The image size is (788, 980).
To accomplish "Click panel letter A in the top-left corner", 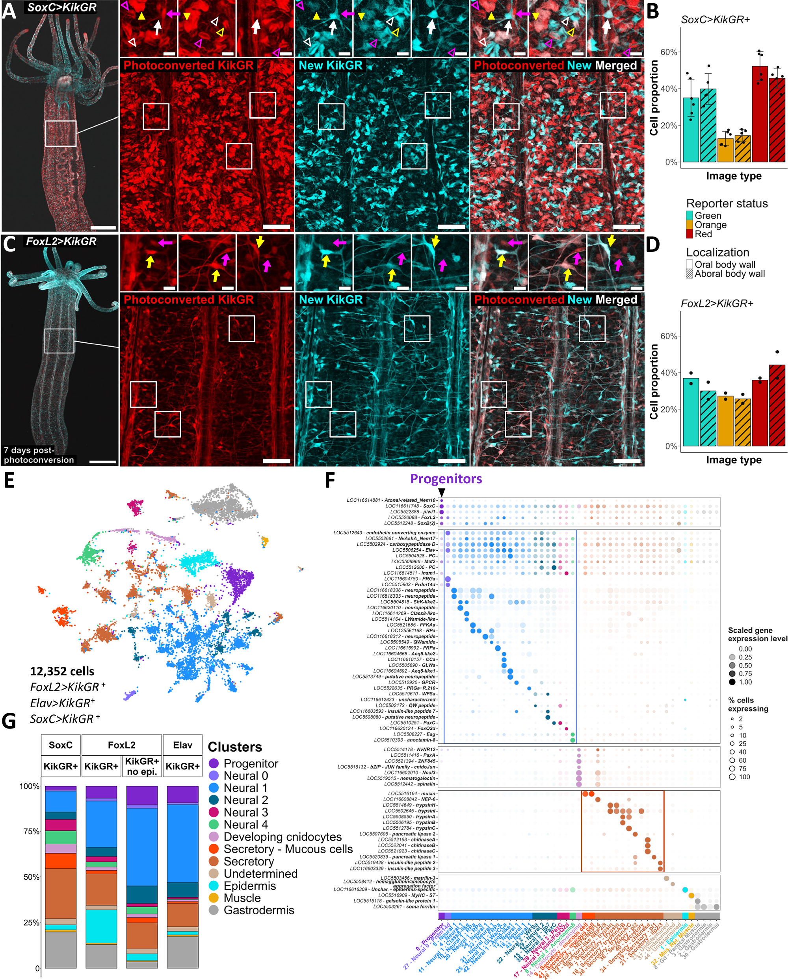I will pos(9,11).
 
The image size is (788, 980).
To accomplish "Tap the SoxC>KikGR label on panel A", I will pos(61,8).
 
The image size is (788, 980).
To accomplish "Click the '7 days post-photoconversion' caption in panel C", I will pos(39,455).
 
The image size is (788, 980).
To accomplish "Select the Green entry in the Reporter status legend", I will pos(708,216).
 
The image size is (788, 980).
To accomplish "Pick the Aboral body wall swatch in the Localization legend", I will pos(689,274).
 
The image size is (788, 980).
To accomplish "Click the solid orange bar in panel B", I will pos(725,150).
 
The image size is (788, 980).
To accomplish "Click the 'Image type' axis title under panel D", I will pos(733,460).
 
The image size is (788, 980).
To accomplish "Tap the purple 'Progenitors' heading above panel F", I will pos(446,479).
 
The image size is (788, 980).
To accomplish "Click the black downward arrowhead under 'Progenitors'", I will pos(441,493).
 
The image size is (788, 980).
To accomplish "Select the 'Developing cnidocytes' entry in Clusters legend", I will pos(282,837).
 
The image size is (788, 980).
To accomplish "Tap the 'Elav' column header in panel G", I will pos(182,745).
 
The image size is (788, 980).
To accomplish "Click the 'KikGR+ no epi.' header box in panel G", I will pos(142,766).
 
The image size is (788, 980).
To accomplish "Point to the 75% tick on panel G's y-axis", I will pos(32,831).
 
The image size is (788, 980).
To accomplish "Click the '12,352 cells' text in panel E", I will pos(62,671).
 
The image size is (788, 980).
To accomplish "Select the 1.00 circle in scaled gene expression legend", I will pos(732,682).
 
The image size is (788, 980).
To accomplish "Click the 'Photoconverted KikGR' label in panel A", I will pos(188,65).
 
